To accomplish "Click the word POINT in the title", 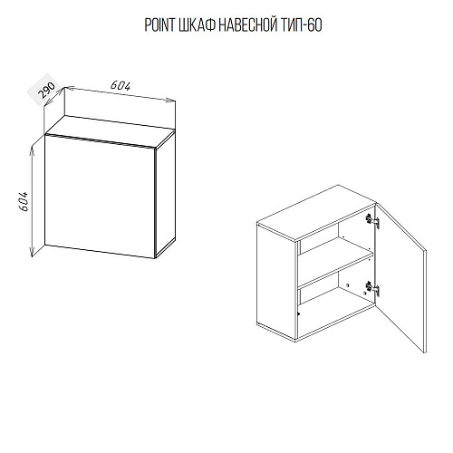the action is [x=159, y=25].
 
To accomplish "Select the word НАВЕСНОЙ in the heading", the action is [x=248, y=24].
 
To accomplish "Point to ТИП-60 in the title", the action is [x=301, y=25].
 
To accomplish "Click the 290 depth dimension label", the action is [x=47, y=90].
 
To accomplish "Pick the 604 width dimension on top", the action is [x=120, y=86].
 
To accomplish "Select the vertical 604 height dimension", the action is [x=24, y=201].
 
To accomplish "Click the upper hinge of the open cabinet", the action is [x=372, y=220].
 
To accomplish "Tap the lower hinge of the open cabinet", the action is [x=372, y=288].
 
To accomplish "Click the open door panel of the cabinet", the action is [x=400, y=278].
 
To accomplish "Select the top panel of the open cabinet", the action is [x=316, y=213].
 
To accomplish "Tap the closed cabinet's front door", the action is [x=100, y=197].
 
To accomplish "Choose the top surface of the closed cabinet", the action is [x=110, y=131].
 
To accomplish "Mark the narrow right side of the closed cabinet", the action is [x=165, y=195].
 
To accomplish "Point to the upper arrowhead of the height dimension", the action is [x=32, y=149].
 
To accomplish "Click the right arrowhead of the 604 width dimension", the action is [x=170, y=101].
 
